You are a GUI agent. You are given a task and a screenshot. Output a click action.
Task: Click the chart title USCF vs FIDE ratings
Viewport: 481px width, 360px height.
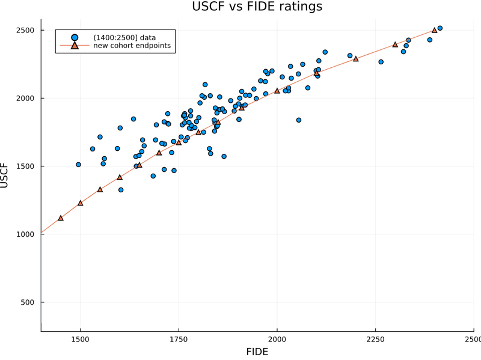(257, 7)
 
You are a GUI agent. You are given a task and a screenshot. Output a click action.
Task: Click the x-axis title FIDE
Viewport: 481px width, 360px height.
(257, 352)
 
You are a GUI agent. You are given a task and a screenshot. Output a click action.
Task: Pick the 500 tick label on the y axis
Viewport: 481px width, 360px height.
(27, 302)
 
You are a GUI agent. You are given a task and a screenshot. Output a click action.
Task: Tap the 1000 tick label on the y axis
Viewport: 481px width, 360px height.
(25, 234)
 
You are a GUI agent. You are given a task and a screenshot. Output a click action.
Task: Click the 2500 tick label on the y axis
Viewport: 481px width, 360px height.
(25, 30)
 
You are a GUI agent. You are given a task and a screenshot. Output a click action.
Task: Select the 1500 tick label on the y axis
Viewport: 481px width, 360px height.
(25, 166)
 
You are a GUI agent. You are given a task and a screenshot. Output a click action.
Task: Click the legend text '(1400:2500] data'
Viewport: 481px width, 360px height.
(124, 38)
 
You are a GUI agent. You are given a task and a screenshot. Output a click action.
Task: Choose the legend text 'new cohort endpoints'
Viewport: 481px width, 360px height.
(132, 46)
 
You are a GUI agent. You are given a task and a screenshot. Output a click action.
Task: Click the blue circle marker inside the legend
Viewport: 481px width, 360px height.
(74, 38)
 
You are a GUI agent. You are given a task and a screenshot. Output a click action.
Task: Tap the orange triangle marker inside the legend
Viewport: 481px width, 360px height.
(74, 46)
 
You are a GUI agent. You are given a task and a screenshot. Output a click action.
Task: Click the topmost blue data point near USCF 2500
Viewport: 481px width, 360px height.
(440, 28)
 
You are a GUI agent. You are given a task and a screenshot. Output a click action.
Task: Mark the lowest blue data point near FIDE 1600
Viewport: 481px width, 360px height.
(121, 190)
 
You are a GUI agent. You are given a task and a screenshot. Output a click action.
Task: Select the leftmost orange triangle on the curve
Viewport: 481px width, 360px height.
(61, 218)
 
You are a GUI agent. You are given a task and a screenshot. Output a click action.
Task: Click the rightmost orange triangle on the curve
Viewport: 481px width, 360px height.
(434, 30)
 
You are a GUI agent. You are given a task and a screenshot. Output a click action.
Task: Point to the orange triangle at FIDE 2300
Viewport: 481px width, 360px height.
(395, 44)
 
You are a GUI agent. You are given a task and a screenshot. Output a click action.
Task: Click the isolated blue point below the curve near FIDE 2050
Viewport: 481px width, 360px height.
(299, 120)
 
